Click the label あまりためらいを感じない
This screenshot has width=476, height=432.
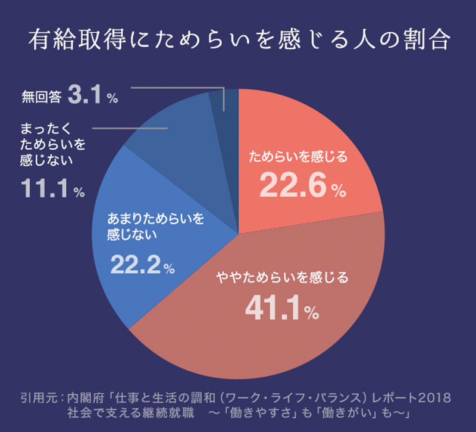[x=155, y=226]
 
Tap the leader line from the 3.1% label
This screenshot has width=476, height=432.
[x=178, y=89]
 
